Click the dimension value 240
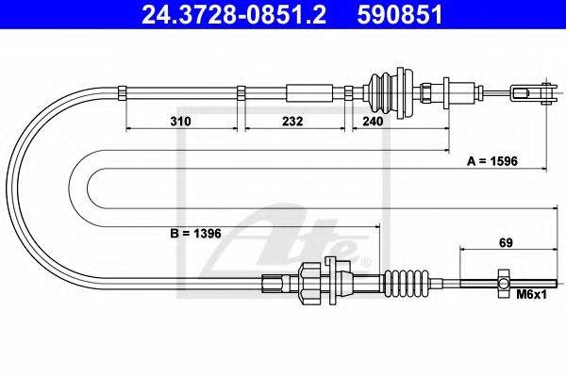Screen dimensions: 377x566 coord(374,122)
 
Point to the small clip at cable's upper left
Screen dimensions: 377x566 coord(124,91)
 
